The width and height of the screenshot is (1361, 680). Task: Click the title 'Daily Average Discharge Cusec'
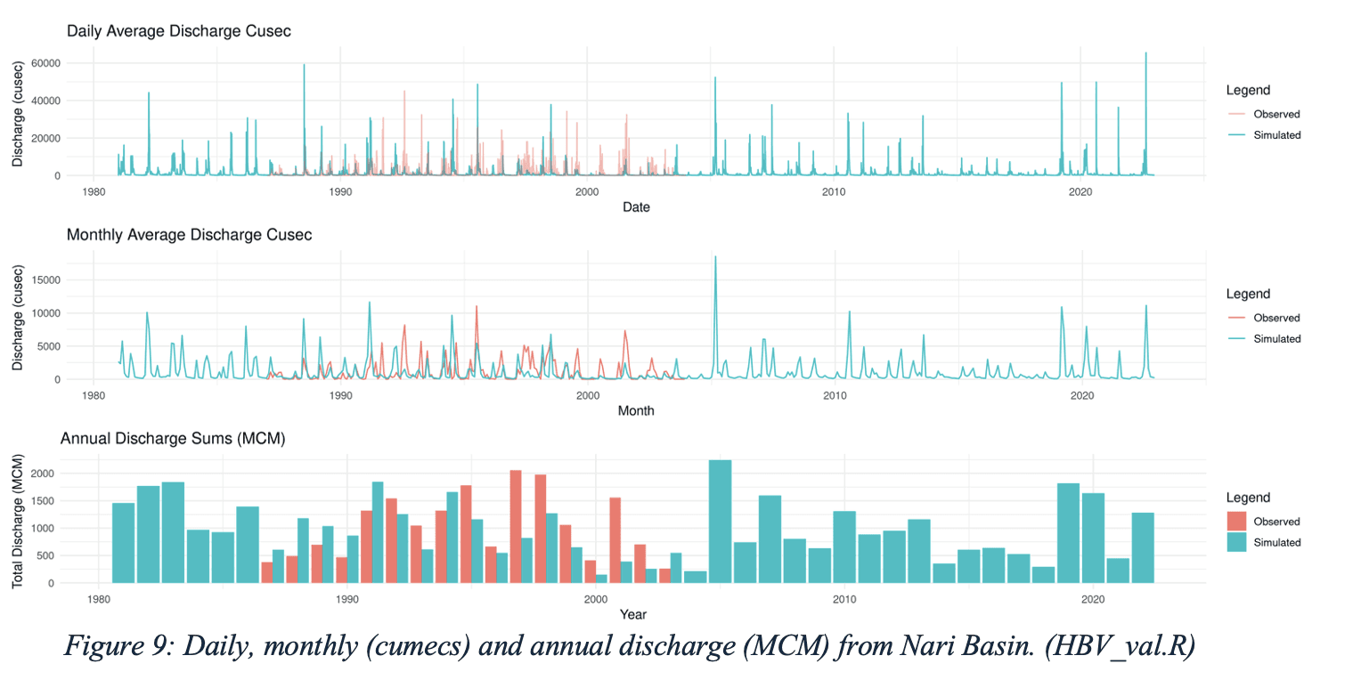click(x=179, y=31)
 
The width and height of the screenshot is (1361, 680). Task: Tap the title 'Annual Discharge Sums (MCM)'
click(x=172, y=438)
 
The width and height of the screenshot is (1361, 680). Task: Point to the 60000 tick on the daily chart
click(x=44, y=63)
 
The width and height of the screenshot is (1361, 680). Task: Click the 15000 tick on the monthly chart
click(x=44, y=279)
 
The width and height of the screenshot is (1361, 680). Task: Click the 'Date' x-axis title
click(x=636, y=207)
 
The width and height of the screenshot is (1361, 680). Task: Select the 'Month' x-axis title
click(x=636, y=410)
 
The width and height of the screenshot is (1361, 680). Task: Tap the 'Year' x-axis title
click(x=634, y=614)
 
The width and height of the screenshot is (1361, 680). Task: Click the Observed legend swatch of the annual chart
click(x=1237, y=522)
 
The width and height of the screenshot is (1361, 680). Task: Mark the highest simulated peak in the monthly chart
click(x=715, y=257)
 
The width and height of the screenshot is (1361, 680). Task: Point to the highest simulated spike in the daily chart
click(x=1145, y=53)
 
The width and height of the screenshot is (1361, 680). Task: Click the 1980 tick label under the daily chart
click(x=93, y=191)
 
